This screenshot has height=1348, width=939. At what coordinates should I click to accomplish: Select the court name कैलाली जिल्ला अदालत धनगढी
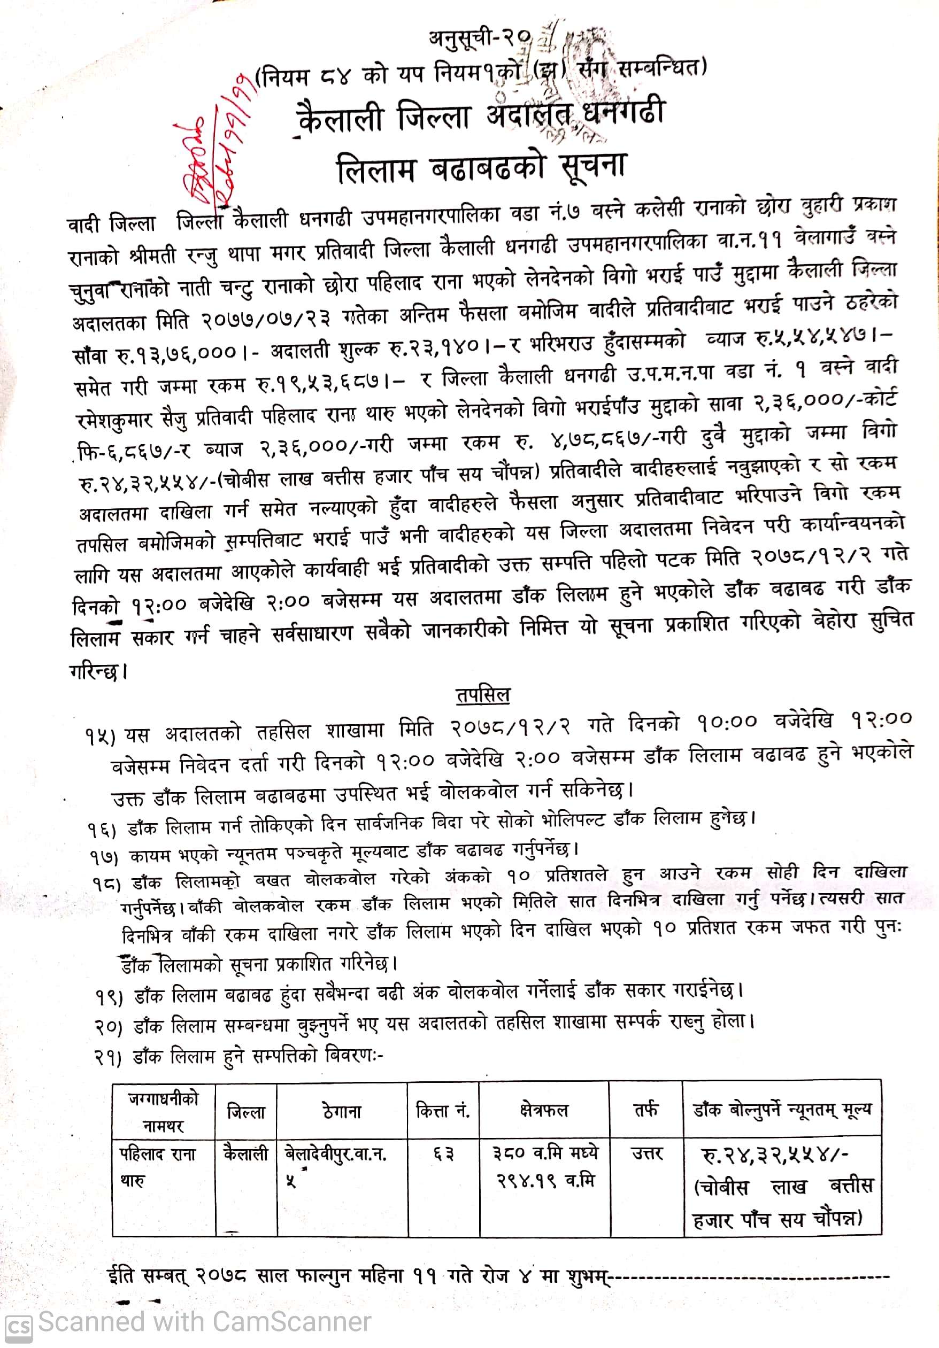coord(480,113)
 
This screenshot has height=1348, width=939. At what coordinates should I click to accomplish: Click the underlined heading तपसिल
coord(483,695)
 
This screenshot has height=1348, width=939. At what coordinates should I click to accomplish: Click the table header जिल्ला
coord(246,1112)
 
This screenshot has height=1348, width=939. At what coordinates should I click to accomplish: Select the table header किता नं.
coord(443,1111)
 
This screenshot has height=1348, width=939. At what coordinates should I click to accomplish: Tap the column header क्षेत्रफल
coord(544,1110)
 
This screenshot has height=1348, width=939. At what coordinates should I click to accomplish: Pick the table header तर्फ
coord(645,1110)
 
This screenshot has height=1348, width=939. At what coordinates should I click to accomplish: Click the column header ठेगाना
coord(342,1111)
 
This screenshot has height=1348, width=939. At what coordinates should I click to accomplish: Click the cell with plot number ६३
coord(443,1155)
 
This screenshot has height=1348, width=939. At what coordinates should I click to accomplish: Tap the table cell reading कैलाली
coord(245,1155)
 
